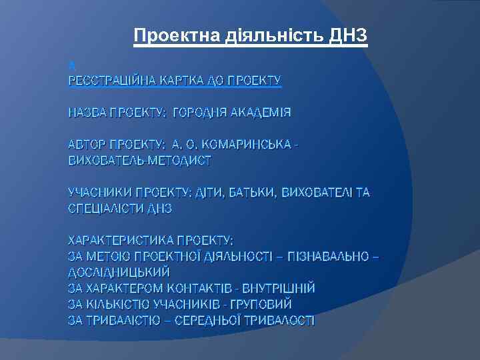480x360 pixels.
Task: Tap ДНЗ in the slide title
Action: pyautogui.click(x=348, y=35)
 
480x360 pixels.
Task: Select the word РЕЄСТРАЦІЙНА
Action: pyautogui.click(x=111, y=81)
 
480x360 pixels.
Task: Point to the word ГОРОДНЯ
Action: pyautogui.click(x=199, y=113)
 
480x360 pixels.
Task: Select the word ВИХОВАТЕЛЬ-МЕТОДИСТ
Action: pyautogui.click(x=140, y=161)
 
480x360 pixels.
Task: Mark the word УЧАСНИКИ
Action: pyautogui.click(x=99, y=193)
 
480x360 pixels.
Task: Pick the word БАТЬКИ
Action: pyautogui.click(x=253, y=193)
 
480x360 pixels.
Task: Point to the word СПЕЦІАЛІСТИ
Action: pyautogui.click(x=109, y=209)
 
